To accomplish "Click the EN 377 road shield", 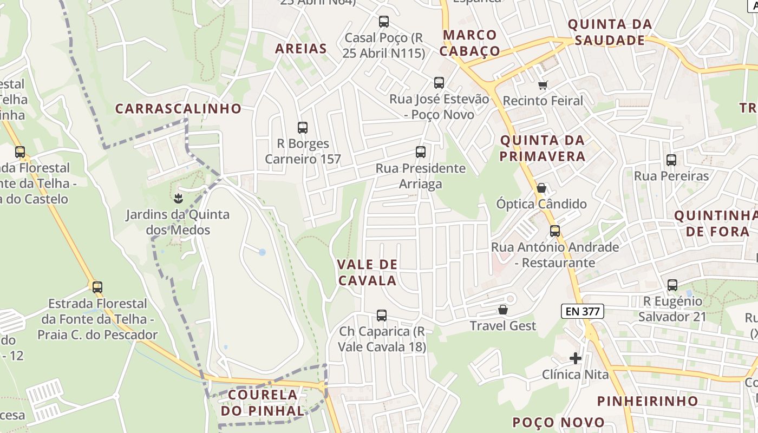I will [x=582, y=311].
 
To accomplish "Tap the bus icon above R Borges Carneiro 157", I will [x=303, y=128].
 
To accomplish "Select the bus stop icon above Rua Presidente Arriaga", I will [x=421, y=152].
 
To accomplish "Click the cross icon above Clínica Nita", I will [x=576, y=358].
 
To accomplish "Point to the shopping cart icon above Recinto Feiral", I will [x=543, y=85].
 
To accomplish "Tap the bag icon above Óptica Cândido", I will [x=541, y=188].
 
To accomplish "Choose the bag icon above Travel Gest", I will [x=503, y=310].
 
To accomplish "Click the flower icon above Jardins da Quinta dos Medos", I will [x=178, y=199].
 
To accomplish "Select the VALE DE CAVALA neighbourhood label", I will [x=367, y=273].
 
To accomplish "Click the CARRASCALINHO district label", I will [x=178, y=108].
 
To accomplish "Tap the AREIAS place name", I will [x=301, y=49].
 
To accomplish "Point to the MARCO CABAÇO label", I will [x=470, y=43].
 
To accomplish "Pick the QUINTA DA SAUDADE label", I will [x=610, y=32].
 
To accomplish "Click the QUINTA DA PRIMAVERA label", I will [x=543, y=148].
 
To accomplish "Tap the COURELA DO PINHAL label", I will [x=263, y=403].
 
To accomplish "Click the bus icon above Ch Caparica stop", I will [x=382, y=316].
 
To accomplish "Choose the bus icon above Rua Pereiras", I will [x=671, y=160].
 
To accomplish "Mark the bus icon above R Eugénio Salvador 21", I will [x=672, y=285].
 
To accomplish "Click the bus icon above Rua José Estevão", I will [x=439, y=83].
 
